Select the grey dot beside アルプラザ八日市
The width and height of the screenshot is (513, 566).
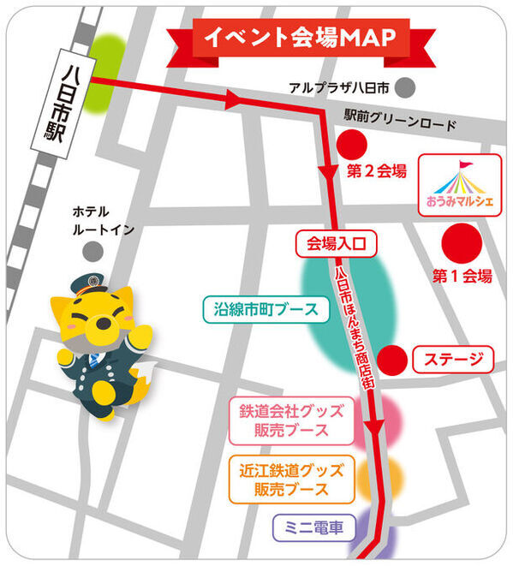click(x=406, y=86)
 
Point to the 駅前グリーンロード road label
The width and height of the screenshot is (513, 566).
click(x=400, y=123)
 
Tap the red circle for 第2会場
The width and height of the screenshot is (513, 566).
click(x=352, y=144)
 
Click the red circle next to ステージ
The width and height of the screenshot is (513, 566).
click(x=392, y=359)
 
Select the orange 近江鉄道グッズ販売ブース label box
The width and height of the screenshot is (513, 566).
click(x=291, y=480)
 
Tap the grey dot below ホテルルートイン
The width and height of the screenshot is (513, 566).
click(x=92, y=250)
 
